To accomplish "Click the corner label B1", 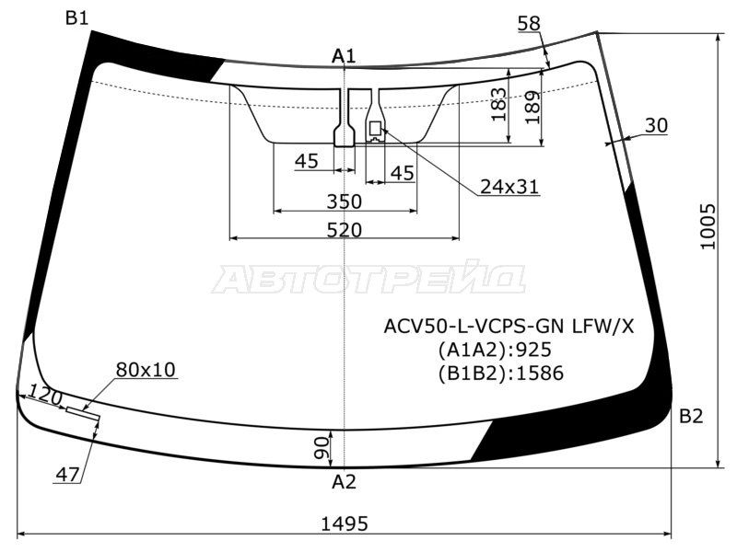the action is pos(77,18).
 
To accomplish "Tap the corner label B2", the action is pos(690,417).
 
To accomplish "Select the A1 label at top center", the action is pos(344,56).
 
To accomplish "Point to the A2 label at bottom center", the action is pos(344,482).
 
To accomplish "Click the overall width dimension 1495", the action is pos(345,523).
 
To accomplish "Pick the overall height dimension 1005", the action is pos(708,226).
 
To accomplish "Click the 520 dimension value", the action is pos(345,230).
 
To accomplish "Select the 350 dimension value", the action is pos(345,201).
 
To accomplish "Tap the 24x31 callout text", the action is pos(509,188).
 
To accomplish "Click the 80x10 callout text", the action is pos(146,370).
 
